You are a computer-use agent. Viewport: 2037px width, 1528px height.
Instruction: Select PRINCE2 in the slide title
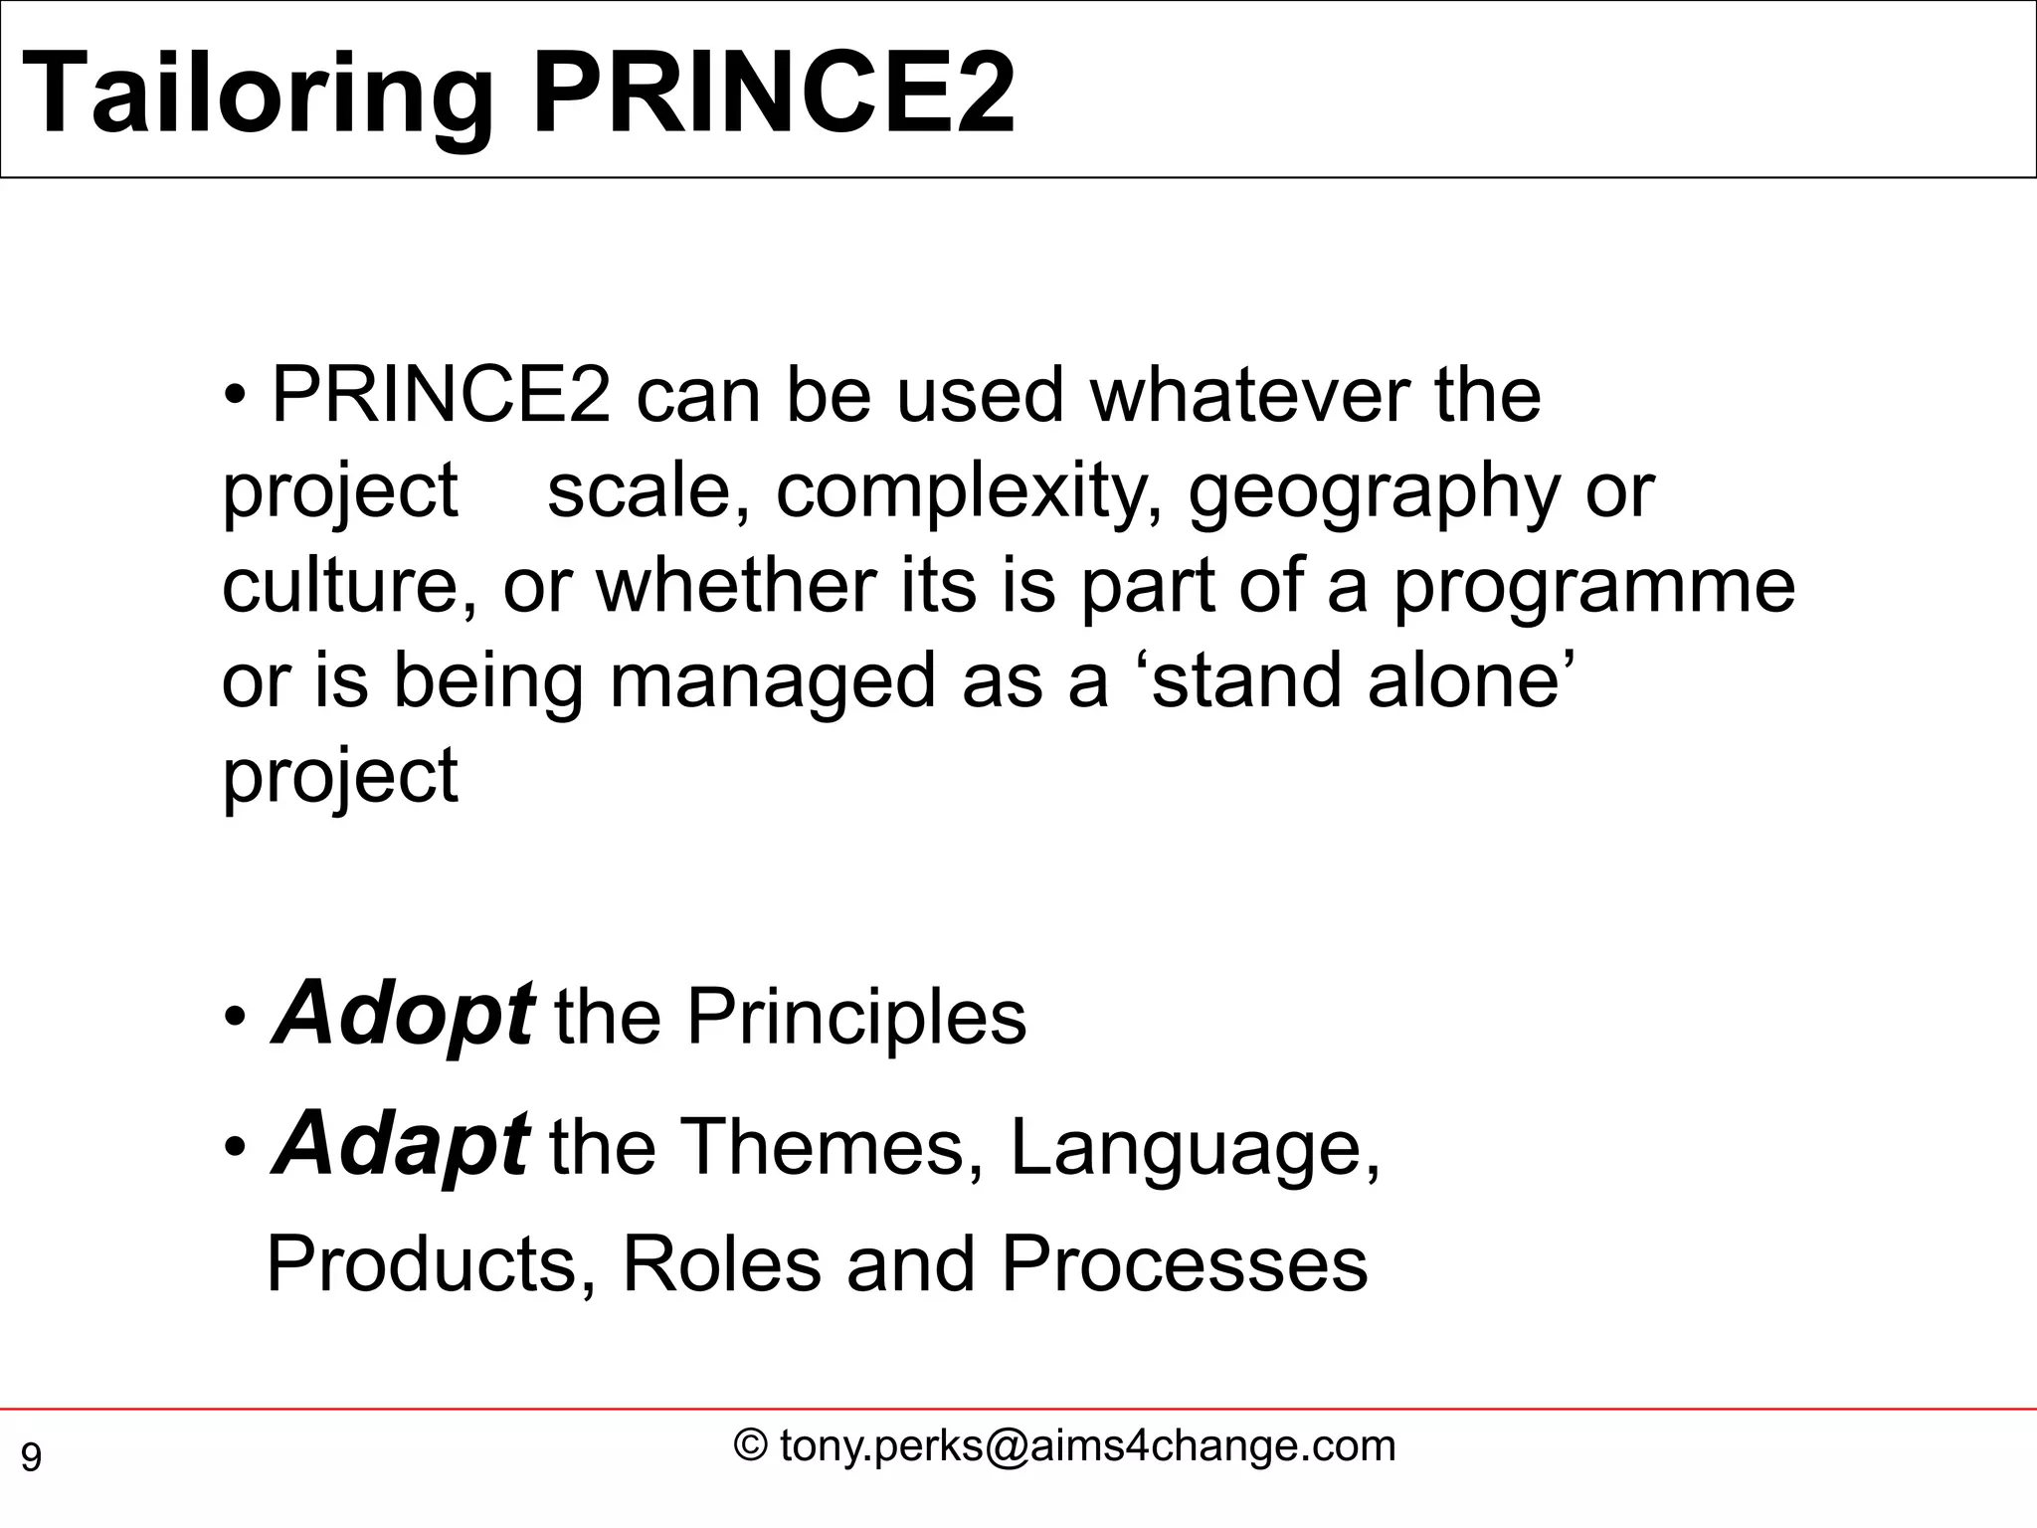click(x=774, y=95)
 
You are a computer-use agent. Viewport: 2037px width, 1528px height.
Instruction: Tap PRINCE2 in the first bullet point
click(x=441, y=396)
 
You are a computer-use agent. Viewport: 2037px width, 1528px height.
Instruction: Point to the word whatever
click(x=1249, y=396)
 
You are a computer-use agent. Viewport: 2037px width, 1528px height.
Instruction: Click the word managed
click(x=773, y=681)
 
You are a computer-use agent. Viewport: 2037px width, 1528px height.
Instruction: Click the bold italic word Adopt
click(x=402, y=1015)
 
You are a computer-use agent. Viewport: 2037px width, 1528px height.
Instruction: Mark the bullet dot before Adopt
click(x=235, y=1019)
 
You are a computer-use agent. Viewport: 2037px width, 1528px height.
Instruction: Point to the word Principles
click(x=856, y=1017)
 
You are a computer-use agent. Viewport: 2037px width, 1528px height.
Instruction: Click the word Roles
click(x=722, y=1263)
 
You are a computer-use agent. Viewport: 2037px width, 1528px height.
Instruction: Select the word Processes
click(x=1184, y=1263)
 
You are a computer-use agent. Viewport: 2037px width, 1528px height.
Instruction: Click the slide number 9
click(x=32, y=1458)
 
